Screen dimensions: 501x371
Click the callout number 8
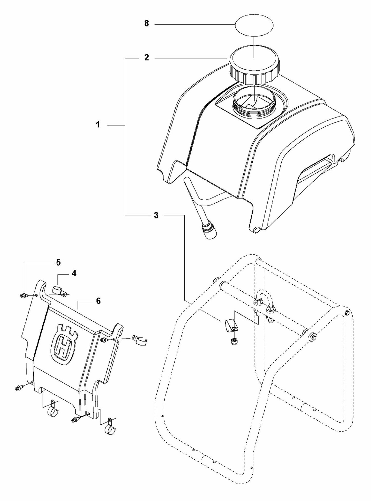(146, 24)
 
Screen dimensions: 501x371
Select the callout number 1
(98, 125)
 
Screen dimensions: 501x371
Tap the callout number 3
(156, 215)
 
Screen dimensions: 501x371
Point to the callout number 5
(59, 263)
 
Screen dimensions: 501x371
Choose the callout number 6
(98, 301)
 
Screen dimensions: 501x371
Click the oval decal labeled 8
(254, 25)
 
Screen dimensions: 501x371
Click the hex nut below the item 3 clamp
(233, 341)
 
